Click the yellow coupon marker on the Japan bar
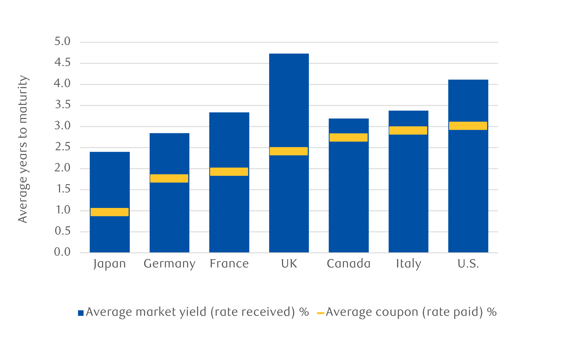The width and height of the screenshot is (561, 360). pyautogui.click(x=110, y=212)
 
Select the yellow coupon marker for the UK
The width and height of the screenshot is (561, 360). pyautogui.click(x=289, y=151)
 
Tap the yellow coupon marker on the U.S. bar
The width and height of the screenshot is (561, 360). pyautogui.click(x=468, y=126)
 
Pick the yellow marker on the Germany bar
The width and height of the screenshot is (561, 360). pyautogui.click(x=169, y=178)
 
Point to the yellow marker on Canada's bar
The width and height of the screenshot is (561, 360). pyautogui.click(x=349, y=137)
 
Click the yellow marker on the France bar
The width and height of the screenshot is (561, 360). pyautogui.click(x=229, y=172)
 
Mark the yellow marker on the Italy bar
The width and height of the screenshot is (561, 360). pyautogui.click(x=408, y=130)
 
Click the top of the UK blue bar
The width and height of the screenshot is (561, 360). pyautogui.click(x=289, y=54)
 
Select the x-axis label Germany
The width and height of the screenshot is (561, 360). pyautogui.click(x=169, y=264)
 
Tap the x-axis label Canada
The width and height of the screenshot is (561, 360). pyautogui.click(x=349, y=264)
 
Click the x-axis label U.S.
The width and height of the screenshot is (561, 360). pyautogui.click(x=468, y=264)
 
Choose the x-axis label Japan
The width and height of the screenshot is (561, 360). pyautogui.click(x=110, y=264)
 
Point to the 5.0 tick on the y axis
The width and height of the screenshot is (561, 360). pyautogui.click(x=63, y=42)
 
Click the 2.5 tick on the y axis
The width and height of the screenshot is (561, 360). pyautogui.click(x=63, y=147)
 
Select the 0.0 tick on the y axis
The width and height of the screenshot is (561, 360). pyautogui.click(x=63, y=252)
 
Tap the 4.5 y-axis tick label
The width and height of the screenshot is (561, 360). pyautogui.click(x=63, y=63)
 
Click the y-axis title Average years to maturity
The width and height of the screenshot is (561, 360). pyautogui.click(x=23, y=149)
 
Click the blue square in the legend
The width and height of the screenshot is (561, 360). pyautogui.click(x=81, y=313)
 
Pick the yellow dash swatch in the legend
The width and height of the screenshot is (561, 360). pyautogui.click(x=321, y=313)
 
